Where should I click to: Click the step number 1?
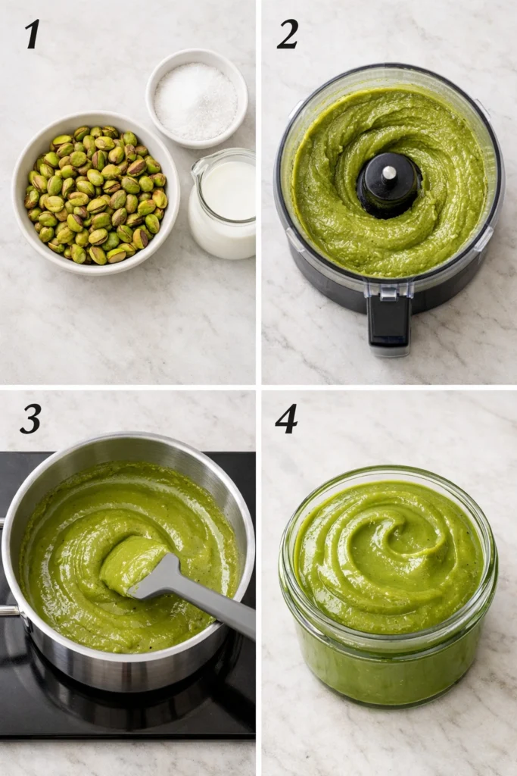tap(31, 34)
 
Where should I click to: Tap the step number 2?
tap(287, 34)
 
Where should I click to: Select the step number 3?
tap(30, 419)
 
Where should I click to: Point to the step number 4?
tap(286, 419)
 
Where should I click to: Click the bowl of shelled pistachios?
tap(95, 194)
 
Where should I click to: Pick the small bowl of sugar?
tap(196, 99)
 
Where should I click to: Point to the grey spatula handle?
tap(220, 605)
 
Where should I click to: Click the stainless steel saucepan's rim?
tap(129, 440)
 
